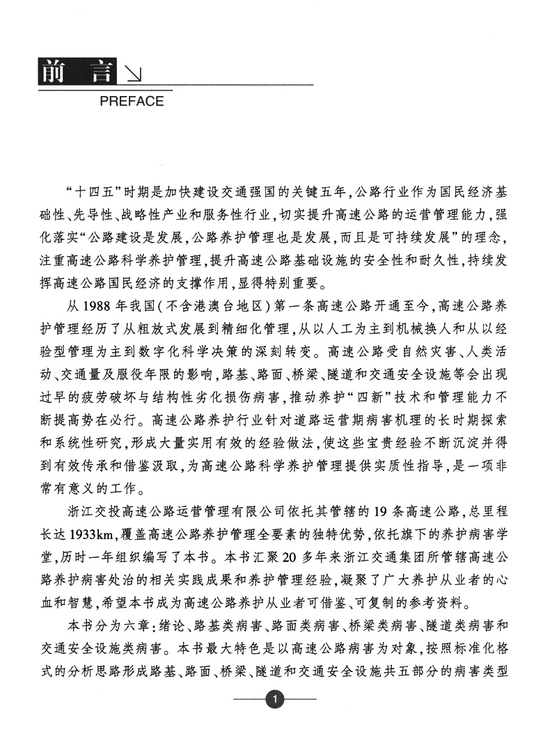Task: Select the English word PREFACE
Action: coord(132,102)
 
